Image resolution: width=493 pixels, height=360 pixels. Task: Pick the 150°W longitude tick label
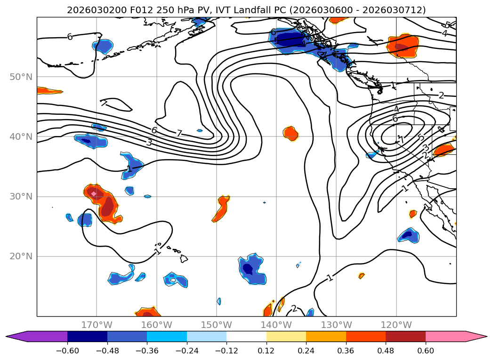coord(217,325)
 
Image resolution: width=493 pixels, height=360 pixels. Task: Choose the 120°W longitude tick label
coord(396,325)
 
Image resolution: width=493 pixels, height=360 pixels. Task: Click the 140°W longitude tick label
coord(276,325)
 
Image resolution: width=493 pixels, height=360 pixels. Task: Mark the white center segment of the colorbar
coord(246,336)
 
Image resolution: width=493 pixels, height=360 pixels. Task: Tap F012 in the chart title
coord(129,10)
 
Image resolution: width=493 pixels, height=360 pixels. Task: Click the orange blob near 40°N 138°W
coord(291,134)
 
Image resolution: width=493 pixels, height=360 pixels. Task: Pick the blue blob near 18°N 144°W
coord(251,269)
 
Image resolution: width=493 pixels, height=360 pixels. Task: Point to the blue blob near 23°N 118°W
coord(407,235)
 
